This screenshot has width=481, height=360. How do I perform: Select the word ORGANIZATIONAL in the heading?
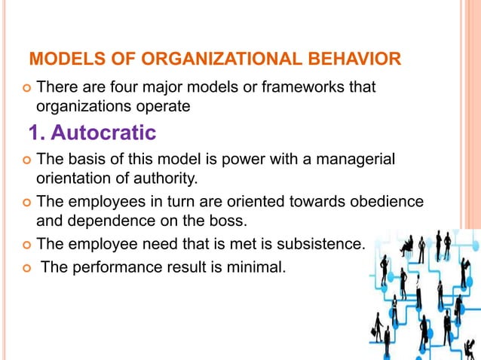click(199, 59)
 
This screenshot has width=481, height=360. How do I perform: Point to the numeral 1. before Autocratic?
click(37, 133)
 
